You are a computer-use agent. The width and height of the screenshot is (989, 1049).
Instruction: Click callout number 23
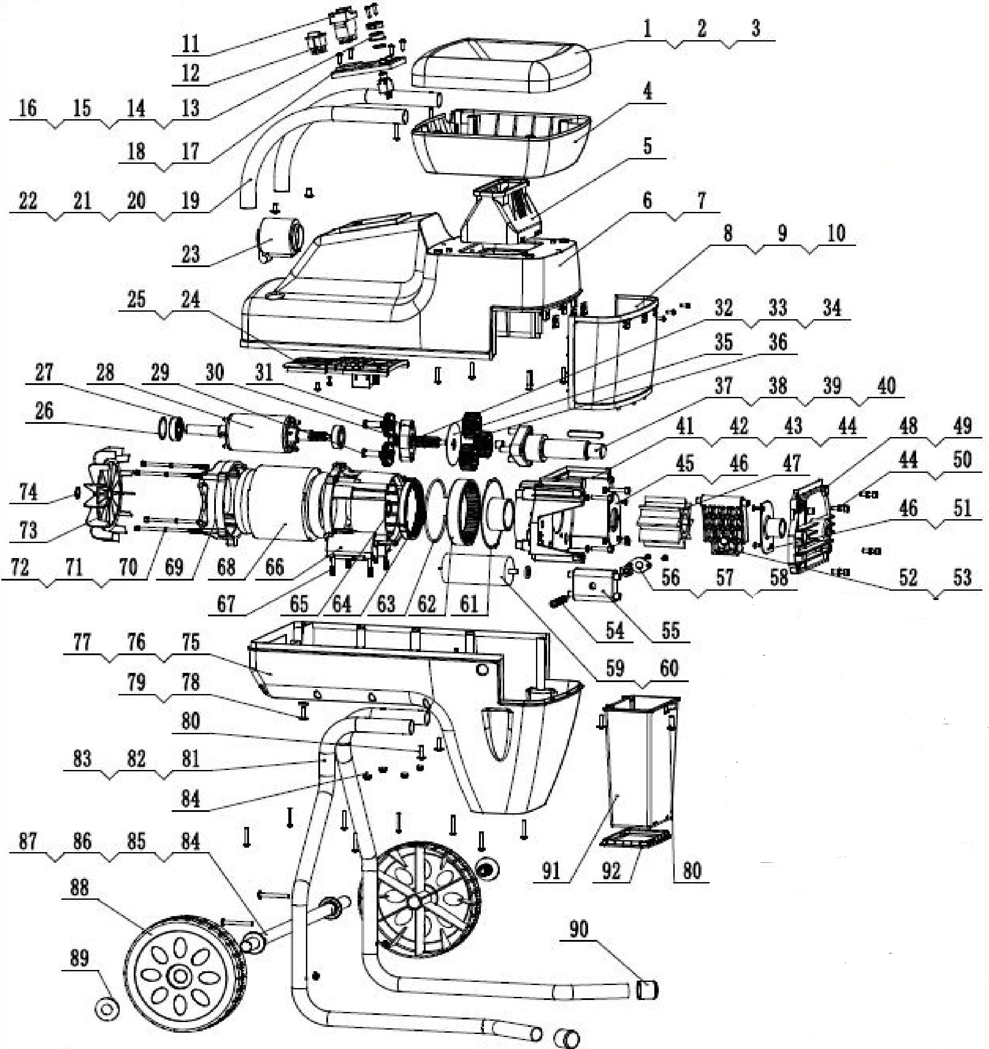191,254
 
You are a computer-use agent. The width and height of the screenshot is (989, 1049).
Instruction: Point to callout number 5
647,146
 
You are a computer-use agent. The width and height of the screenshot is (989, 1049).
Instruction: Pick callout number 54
615,630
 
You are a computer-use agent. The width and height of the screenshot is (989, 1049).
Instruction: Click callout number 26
44,411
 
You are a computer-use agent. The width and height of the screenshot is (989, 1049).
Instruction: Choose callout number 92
611,871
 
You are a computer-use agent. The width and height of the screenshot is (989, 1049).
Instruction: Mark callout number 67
226,604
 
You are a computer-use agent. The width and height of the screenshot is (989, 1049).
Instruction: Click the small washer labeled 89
106,1009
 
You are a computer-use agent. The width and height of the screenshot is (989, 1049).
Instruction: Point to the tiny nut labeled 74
77,493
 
